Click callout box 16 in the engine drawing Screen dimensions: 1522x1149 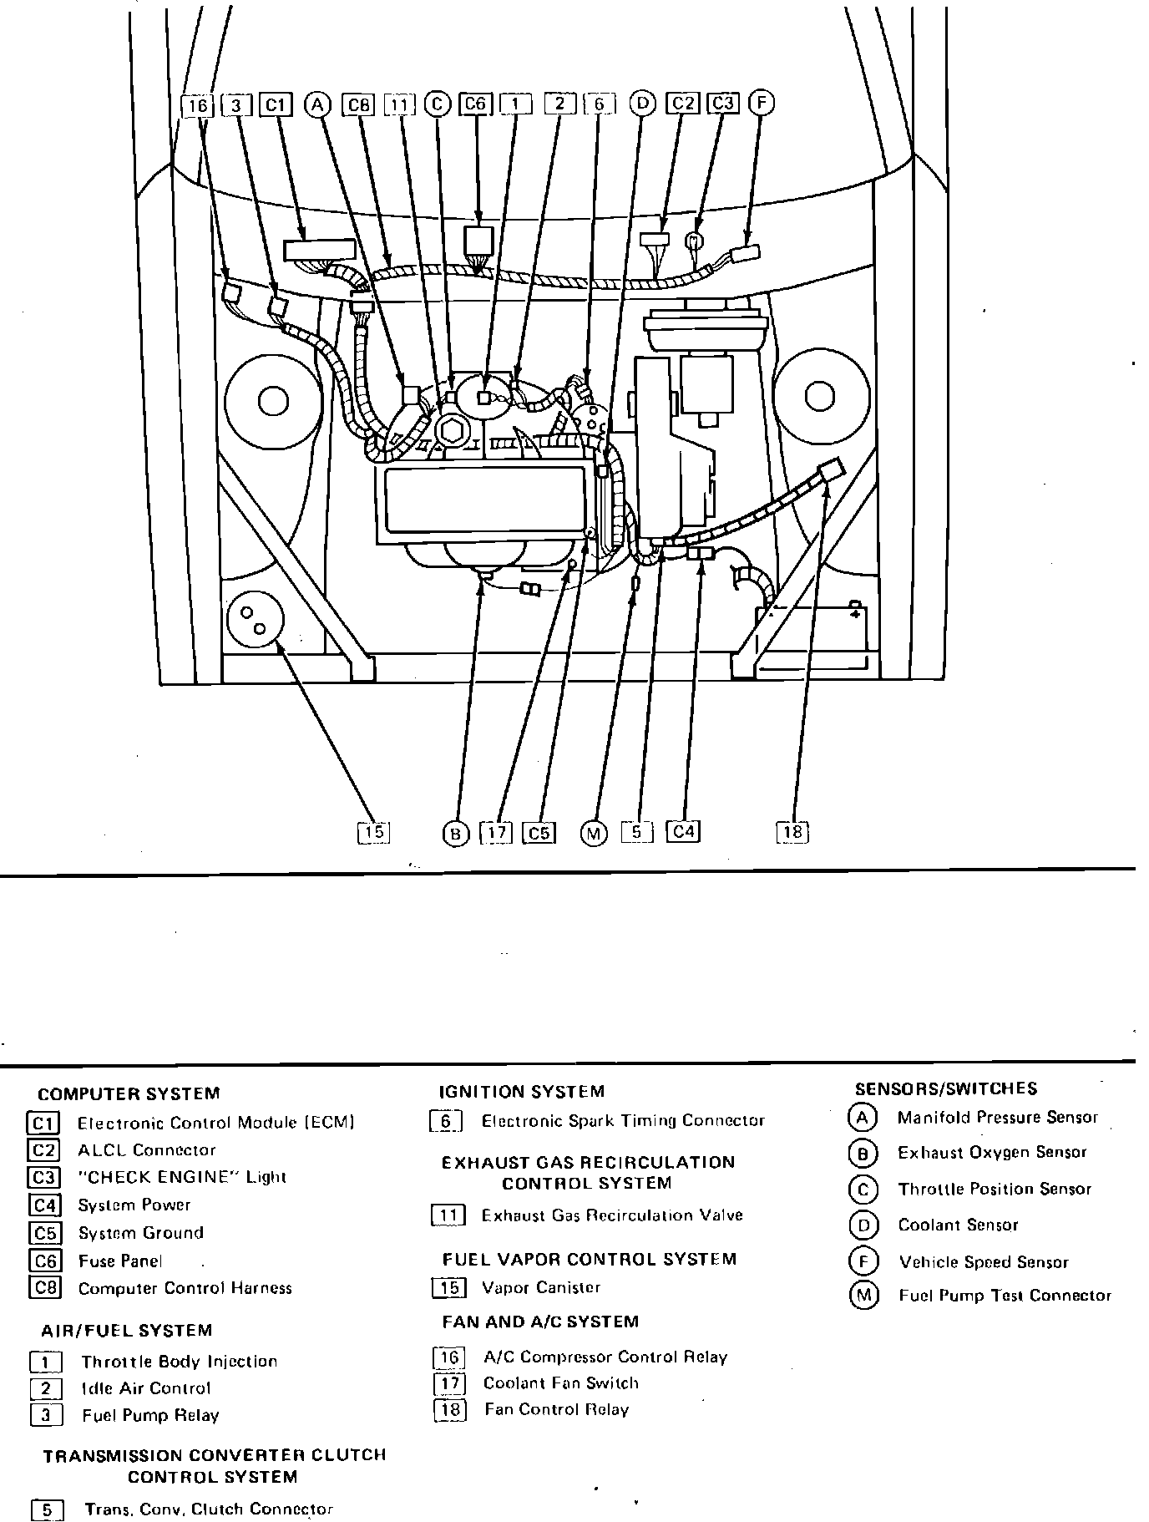tap(197, 105)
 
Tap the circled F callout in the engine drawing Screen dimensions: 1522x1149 tap(762, 103)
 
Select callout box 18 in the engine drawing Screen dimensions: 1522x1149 tap(792, 832)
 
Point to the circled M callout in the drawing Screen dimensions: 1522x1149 tap(593, 833)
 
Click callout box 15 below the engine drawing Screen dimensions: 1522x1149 tap(373, 832)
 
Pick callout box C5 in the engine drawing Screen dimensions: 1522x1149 tap(539, 833)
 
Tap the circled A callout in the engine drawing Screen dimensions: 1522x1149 tap(318, 104)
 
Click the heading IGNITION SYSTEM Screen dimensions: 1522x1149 tap(521, 1092)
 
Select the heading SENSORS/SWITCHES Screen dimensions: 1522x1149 tap(946, 1088)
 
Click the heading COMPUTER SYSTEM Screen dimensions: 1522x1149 tap(129, 1093)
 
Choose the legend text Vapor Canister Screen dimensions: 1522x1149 tap(541, 1287)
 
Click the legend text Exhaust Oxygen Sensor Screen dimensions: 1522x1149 tap(992, 1153)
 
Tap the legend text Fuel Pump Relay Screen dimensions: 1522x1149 tap(150, 1415)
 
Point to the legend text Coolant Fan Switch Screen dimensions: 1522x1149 tap(561, 1382)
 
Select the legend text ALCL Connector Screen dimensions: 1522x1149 tap(147, 1150)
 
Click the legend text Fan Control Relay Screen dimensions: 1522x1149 tap(556, 1409)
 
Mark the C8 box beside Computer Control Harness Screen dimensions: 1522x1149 tap(44, 1287)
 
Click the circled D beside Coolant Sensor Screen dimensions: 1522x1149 tap(863, 1225)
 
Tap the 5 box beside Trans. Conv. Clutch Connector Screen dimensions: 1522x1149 tap(47, 1510)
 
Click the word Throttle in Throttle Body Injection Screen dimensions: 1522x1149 tap(117, 1362)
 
